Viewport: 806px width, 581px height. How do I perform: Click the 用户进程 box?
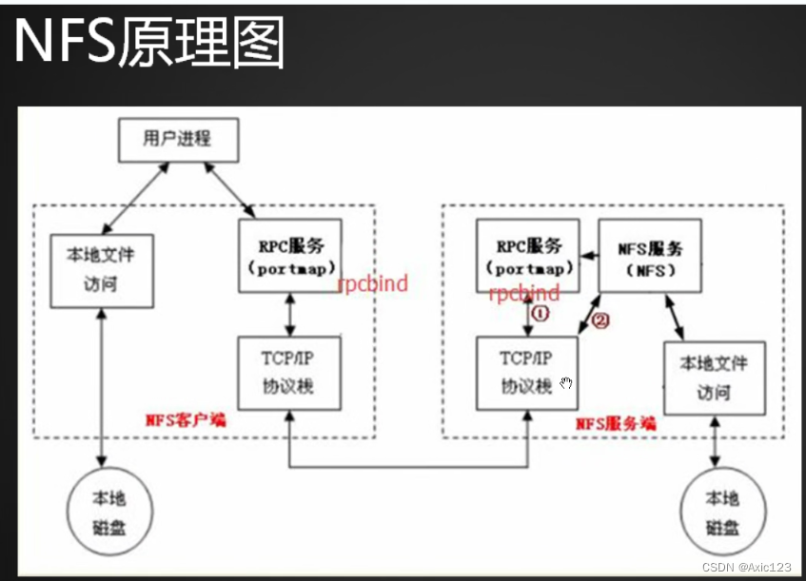[177, 139]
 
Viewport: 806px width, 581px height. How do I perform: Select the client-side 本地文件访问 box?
[99, 269]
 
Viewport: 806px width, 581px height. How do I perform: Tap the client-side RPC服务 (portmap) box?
[286, 254]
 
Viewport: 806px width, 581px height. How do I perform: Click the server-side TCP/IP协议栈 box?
[526, 374]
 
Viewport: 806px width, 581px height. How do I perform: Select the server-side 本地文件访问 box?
[713, 378]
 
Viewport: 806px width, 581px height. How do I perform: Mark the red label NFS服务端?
[616, 422]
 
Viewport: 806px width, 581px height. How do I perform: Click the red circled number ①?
[540, 312]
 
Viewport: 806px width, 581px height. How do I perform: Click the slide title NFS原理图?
[148, 44]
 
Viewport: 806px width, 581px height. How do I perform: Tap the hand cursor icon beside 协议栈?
[567, 383]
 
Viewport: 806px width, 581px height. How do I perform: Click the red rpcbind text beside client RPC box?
[373, 283]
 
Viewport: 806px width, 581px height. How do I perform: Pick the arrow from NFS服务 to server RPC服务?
[586, 254]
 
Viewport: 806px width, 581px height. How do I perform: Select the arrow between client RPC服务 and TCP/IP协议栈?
[287, 311]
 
